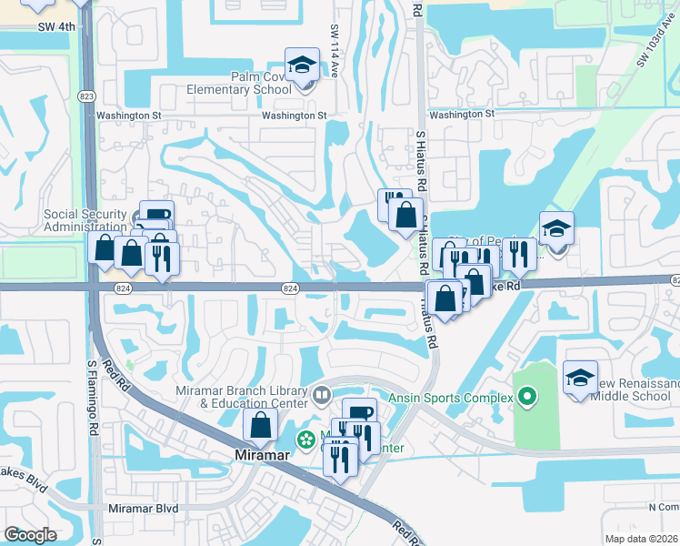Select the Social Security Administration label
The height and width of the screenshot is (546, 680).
[x=85, y=220]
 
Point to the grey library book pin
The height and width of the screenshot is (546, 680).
[x=321, y=396]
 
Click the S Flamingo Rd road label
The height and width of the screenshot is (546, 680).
[x=93, y=400]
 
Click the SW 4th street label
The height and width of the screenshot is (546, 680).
[x=56, y=26]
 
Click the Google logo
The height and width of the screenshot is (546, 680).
[x=31, y=535]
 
